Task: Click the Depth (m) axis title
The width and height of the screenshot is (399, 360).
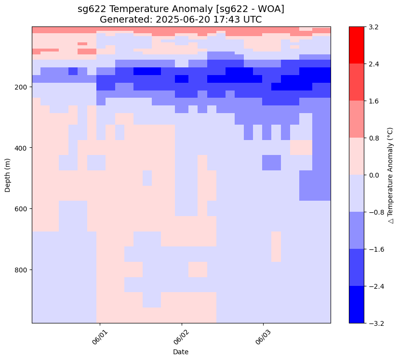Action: click(x=8, y=175)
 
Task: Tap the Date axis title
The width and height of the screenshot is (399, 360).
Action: click(x=181, y=352)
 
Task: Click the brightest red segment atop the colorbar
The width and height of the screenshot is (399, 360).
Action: click(x=357, y=45)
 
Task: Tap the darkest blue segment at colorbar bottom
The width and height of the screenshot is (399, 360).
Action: click(x=357, y=304)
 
